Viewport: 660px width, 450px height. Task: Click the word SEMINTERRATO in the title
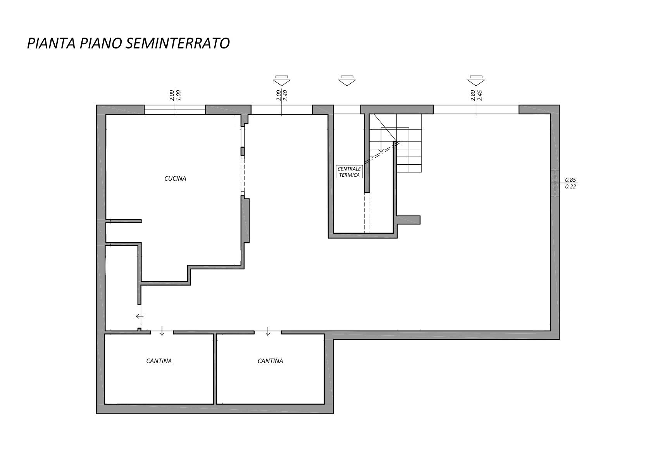point(177,43)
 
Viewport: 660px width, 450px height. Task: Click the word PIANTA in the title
point(50,43)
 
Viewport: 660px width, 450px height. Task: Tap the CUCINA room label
point(175,178)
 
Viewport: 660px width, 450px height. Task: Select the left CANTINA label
point(159,361)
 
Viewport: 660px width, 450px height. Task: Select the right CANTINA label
point(270,361)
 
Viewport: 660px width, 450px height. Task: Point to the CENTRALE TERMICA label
point(349,172)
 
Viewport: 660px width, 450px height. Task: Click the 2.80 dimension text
point(472,95)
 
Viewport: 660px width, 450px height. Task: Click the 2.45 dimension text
point(479,95)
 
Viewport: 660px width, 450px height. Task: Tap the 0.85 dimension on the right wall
point(570,180)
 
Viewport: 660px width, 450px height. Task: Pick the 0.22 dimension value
point(570,186)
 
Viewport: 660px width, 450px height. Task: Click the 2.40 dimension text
point(285,95)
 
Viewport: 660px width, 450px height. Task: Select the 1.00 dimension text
point(178,95)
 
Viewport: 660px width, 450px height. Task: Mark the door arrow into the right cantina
point(268,331)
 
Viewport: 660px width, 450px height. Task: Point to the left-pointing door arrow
point(140,316)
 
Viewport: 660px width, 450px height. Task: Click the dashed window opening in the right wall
point(555,183)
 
